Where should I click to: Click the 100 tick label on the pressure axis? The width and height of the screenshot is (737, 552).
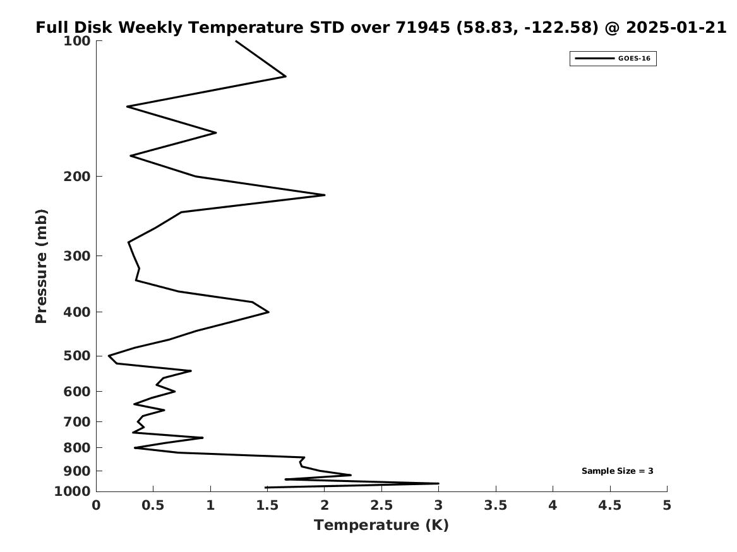click(76, 41)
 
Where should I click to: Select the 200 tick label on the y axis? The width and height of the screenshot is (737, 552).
click(76, 177)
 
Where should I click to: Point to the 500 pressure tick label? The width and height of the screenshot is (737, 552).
click(76, 356)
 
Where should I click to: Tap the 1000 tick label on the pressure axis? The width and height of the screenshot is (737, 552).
click(73, 491)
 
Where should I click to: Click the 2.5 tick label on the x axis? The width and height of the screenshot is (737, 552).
click(381, 505)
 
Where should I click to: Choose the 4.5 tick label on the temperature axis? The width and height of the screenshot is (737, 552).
click(610, 505)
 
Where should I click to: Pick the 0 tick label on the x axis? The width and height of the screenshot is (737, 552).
click(97, 505)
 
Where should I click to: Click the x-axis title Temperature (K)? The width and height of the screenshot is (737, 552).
click(381, 525)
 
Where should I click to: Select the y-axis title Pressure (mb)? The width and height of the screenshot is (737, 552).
click(41, 266)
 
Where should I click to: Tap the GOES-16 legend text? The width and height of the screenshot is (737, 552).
click(634, 59)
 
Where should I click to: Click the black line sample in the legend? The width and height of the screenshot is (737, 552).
click(594, 59)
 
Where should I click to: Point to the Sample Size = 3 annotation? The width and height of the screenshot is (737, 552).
click(617, 471)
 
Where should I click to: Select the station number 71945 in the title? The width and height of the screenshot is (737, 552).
click(422, 27)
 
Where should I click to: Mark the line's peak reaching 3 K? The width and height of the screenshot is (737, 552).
click(438, 483)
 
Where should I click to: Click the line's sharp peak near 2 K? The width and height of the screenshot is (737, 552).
click(325, 195)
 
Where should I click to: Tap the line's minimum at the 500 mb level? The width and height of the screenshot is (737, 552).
click(109, 356)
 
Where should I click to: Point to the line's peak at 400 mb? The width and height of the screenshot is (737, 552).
click(268, 312)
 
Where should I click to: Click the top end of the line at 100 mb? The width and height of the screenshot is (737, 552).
click(236, 41)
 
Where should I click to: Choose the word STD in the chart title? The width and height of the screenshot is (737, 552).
click(327, 27)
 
